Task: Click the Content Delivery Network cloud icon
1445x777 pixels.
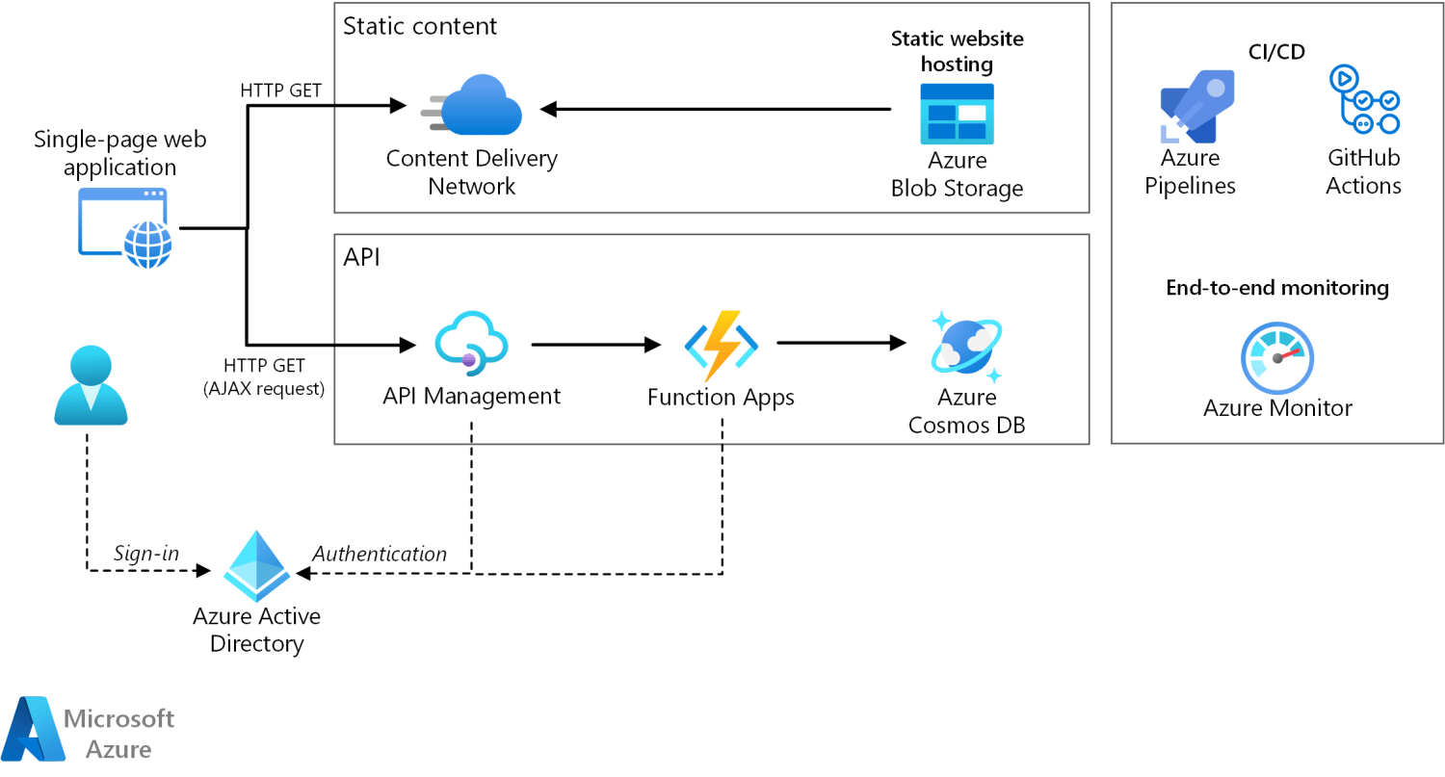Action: coord(475,106)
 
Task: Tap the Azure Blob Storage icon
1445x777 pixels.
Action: coord(957,114)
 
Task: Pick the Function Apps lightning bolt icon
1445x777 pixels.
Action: coord(721,345)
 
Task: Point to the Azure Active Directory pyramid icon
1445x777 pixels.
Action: coord(257,566)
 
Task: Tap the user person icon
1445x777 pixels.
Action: coord(90,386)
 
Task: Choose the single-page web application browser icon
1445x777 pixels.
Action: coord(125,227)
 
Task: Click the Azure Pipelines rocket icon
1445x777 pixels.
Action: coord(1195,107)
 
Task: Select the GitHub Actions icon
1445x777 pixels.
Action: coord(1363,100)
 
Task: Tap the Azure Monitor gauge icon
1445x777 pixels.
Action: coord(1277,356)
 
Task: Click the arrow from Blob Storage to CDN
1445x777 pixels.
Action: coord(713,109)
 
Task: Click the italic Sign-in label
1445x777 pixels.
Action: coord(146,554)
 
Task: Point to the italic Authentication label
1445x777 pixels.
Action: coord(380,554)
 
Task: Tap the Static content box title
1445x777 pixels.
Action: coord(420,26)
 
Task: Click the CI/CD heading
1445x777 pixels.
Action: coord(1277,51)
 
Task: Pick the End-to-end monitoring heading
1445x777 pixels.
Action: coord(1277,287)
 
